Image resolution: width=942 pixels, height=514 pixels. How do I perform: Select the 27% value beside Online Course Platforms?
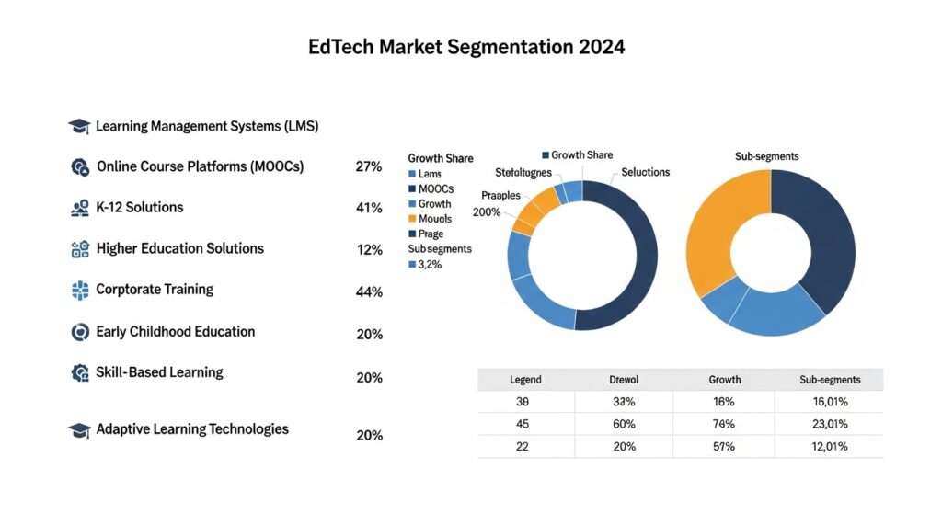click(x=368, y=167)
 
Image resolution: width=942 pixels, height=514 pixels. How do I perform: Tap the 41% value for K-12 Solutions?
click(x=368, y=208)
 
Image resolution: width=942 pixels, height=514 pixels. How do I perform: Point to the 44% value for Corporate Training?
click(x=368, y=292)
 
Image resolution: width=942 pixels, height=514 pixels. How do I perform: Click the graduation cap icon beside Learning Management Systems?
click(x=79, y=126)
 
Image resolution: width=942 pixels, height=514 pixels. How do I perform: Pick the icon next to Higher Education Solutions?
click(x=80, y=249)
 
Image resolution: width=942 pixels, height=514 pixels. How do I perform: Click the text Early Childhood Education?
click(x=175, y=331)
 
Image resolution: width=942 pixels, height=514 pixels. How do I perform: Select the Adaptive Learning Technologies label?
click(x=191, y=429)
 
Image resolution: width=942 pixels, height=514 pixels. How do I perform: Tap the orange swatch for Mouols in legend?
click(x=411, y=219)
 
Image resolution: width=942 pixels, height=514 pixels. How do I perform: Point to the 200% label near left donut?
click(x=487, y=212)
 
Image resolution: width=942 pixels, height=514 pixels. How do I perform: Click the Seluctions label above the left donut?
click(x=645, y=172)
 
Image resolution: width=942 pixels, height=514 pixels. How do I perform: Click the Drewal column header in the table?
click(x=623, y=379)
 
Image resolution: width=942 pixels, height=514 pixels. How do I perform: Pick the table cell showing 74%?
click(x=723, y=424)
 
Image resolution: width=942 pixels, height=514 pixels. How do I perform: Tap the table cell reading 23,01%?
click(x=829, y=424)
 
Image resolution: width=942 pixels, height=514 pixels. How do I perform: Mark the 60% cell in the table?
click(x=623, y=424)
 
